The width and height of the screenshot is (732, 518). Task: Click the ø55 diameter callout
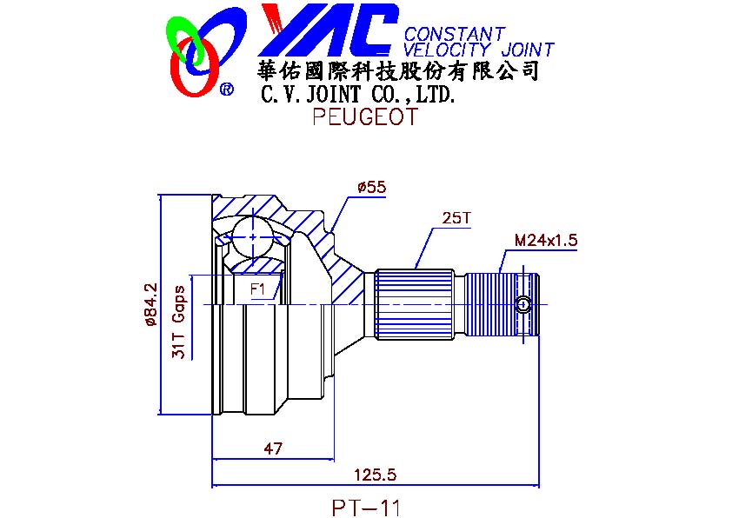(371, 188)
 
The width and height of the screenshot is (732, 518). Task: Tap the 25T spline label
(456, 218)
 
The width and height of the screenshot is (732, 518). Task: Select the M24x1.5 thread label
(546, 241)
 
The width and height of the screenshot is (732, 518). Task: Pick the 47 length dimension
(273, 448)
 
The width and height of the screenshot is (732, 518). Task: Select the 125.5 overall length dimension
(375, 475)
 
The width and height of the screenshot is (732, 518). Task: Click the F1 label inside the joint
(257, 289)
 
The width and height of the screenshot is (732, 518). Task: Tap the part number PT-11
(366, 508)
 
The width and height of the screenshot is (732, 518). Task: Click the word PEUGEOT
(365, 116)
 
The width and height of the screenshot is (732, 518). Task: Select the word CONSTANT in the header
(454, 34)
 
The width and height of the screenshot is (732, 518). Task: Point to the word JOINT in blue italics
(528, 49)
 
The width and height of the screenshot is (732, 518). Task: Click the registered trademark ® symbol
(226, 89)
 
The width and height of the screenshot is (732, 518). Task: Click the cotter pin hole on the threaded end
(523, 305)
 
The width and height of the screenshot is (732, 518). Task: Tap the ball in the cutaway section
(253, 236)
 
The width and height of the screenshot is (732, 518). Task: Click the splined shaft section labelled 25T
(415, 304)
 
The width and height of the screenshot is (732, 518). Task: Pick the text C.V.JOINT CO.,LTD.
(357, 95)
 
